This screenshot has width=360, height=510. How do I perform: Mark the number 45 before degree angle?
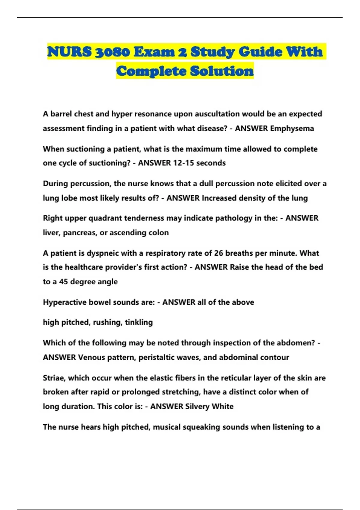point(63,282)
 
